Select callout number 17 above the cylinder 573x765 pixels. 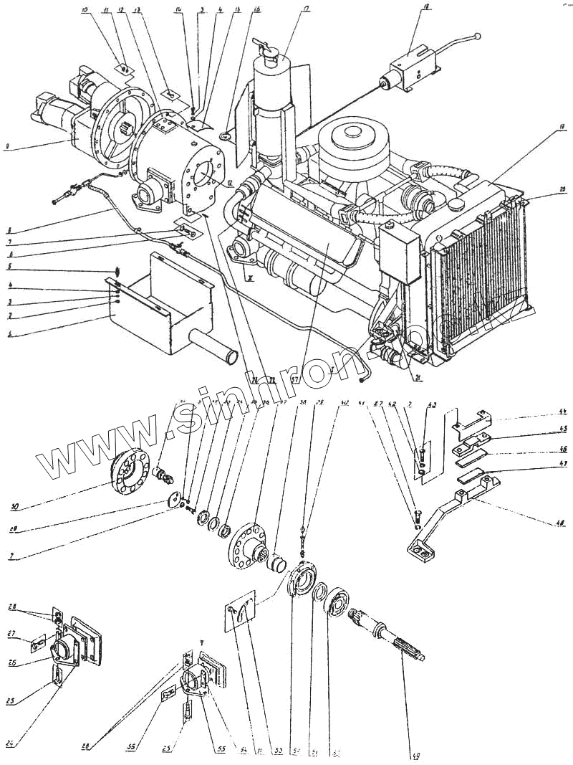click(x=305, y=9)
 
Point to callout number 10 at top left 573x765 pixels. click(x=85, y=9)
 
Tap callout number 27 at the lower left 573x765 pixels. click(x=11, y=634)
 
